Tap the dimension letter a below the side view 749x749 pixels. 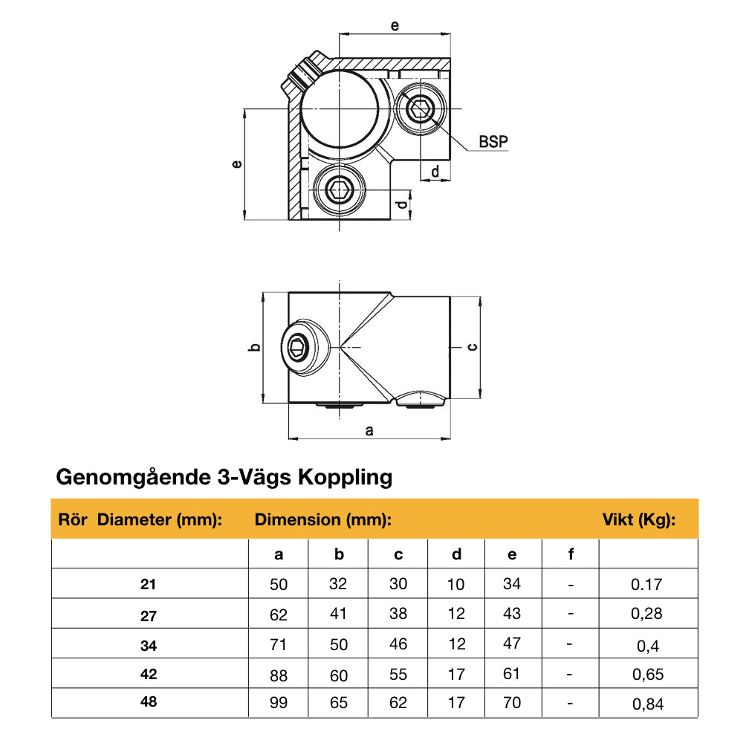(x=369, y=430)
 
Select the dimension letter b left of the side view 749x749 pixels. (x=253, y=347)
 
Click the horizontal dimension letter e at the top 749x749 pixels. (x=395, y=25)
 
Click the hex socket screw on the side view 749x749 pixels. (x=299, y=347)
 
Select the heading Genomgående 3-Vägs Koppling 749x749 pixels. (x=224, y=476)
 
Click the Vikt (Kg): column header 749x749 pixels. (x=638, y=519)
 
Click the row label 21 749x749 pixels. (x=149, y=585)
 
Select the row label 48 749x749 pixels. (x=149, y=701)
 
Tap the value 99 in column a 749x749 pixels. (x=279, y=703)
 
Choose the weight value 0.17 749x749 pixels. (x=646, y=585)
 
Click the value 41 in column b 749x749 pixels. (x=338, y=615)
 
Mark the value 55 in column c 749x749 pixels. (x=398, y=674)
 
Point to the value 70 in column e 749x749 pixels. (x=512, y=702)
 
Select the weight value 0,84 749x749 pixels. (x=646, y=704)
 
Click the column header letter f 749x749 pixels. (x=571, y=554)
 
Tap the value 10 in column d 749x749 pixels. (x=456, y=584)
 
